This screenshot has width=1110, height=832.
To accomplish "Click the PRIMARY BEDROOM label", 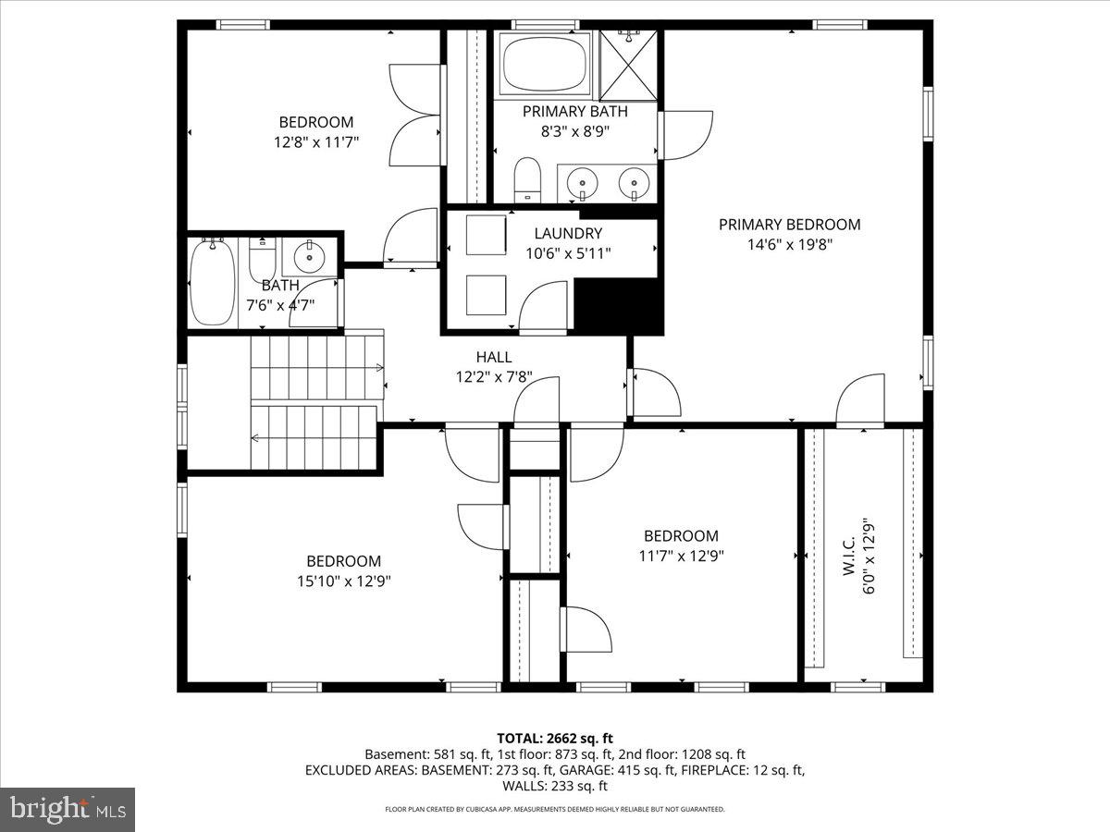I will pos(789,225).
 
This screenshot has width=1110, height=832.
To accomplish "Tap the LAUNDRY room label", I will pos(568,234).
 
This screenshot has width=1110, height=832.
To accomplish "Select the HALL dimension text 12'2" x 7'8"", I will pos(493,377).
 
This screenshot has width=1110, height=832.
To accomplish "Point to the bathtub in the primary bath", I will pos(545,63).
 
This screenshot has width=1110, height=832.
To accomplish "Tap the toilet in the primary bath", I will pos(526,178).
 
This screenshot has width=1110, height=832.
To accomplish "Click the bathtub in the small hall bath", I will pos(213,282).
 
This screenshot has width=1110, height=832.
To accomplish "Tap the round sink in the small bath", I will pos(309,254).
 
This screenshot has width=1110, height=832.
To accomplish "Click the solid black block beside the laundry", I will pos(619,305).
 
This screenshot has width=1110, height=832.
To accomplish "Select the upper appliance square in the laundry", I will pos(486,235).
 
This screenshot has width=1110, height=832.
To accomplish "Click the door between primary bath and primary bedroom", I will pos(684,135).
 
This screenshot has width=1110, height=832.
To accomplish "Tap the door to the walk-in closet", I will pos(860,399).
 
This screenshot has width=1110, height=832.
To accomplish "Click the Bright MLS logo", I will pos(68,809).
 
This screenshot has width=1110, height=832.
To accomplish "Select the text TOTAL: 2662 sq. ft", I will pos(555,738).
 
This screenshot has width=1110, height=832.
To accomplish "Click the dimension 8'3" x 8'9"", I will pos(574,131).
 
